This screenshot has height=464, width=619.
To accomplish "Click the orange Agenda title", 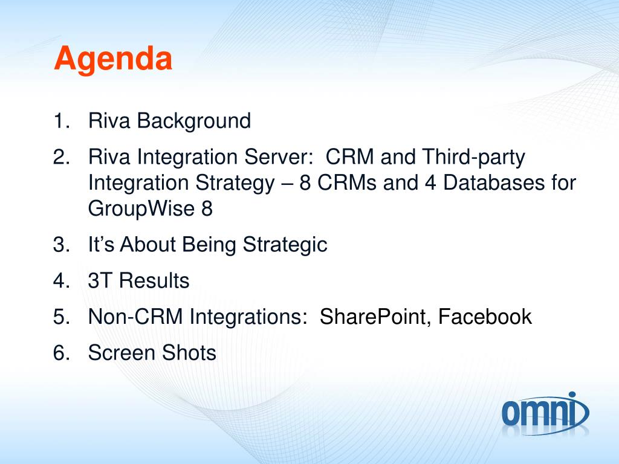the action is point(113,60).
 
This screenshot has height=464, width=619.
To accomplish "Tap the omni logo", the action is point(545,413).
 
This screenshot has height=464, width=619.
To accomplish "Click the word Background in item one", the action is point(194,121).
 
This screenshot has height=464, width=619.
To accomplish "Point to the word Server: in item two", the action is point(279,156).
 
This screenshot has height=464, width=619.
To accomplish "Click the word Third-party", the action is point(474,158).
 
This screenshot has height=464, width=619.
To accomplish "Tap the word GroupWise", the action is point(141,209).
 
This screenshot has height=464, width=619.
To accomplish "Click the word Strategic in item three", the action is point(285,245).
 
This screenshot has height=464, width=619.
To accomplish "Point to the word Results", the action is point(154,280).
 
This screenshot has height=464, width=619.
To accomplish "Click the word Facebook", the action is point(485,317).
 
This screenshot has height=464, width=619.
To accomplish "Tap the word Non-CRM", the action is point(135,317).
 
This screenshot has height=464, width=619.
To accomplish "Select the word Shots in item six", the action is point(189,352).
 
